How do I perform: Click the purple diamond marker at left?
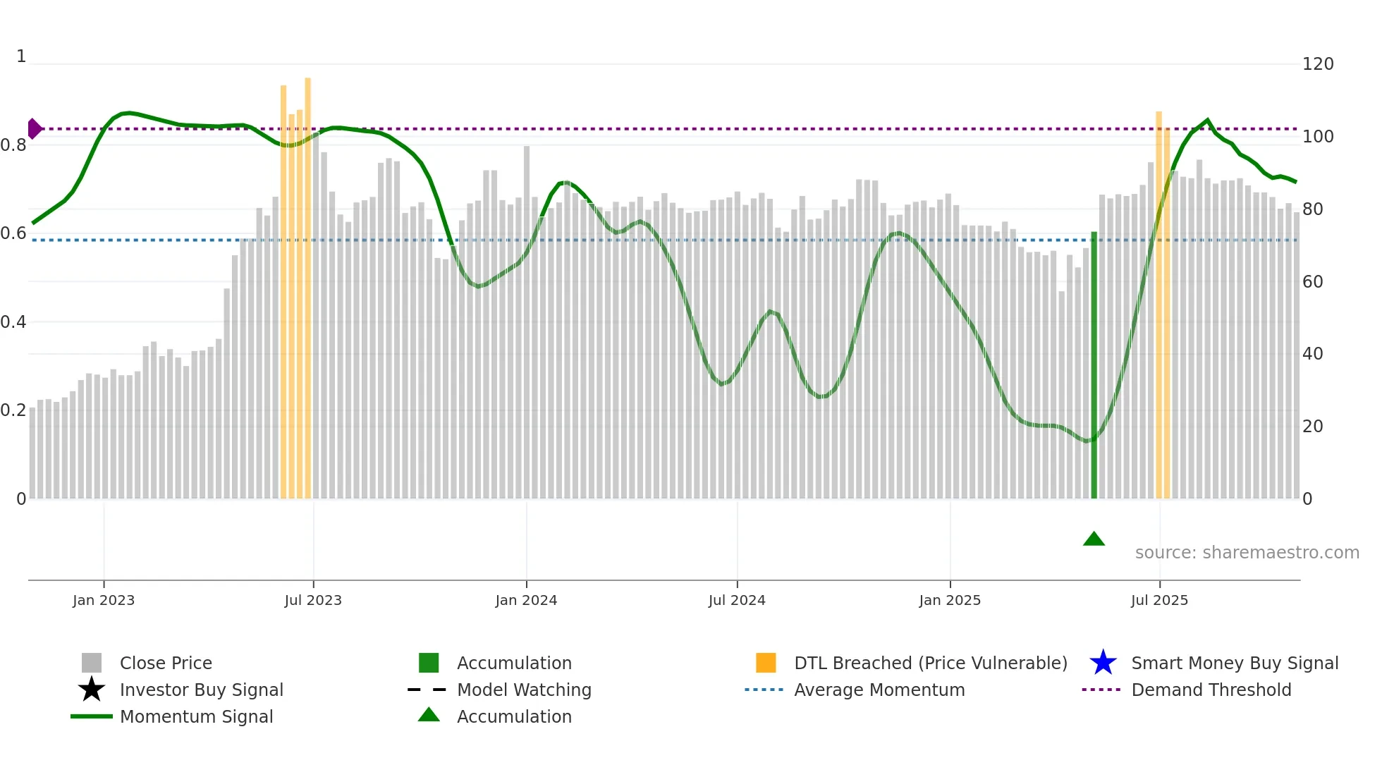(34, 129)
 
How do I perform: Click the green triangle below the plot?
(1094, 539)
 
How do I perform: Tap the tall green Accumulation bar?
(1094, 367)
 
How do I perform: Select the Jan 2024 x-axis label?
(526, 600)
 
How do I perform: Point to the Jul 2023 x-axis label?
(313, 600)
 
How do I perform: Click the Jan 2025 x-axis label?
(950, 600)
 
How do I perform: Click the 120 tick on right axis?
(1317, 64)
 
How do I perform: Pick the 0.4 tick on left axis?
(14, 322)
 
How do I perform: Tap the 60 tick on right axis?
(1312, 282)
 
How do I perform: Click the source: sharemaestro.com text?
(1247, 553)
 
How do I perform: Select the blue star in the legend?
(1103, 663)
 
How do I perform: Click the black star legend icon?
(92, 690)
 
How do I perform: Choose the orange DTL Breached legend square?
(766, 663)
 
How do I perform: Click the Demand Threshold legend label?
(1211, 690)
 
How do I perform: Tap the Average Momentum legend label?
(879, 690)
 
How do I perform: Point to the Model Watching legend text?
(524, 690)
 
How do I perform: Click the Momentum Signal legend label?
(196, 716)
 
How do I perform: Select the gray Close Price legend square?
(92, 663)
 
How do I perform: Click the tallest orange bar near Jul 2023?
(307, 282)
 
